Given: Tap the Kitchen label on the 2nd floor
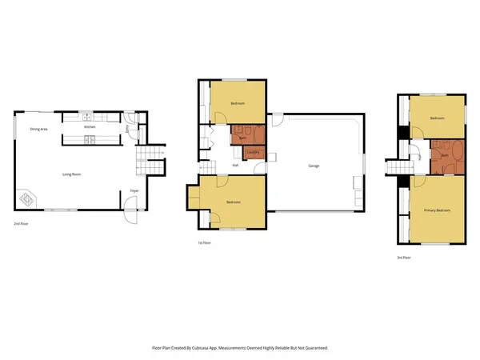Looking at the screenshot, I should coord(90,127).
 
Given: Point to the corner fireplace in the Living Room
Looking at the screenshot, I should coord(27,197).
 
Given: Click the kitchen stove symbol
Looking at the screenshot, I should coord(91,142).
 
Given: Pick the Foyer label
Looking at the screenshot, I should coord(137,190).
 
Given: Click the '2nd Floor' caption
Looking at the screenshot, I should coord(22,224).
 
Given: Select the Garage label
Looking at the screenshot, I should coord(314,166).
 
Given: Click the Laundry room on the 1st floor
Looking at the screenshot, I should coord(252,152).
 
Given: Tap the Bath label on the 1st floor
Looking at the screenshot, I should coord(241,138).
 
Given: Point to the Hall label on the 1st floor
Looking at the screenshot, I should coord(235,166).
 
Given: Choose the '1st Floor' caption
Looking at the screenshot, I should coord(206,242).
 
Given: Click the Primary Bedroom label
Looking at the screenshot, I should coord(437,210).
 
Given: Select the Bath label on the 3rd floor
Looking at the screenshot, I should coord(444,155).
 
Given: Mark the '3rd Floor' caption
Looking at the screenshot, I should coord(405,258).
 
